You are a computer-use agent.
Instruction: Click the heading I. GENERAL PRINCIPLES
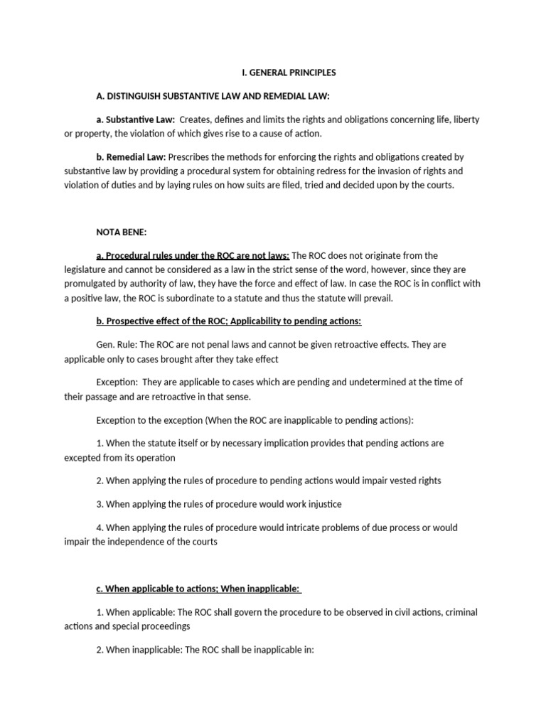tap(284, 73)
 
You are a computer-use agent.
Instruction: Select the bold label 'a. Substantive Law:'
tap(136, 119)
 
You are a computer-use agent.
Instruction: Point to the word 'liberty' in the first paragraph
tap(466, 119)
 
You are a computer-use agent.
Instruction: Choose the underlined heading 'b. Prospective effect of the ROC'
tap(229, 321)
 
